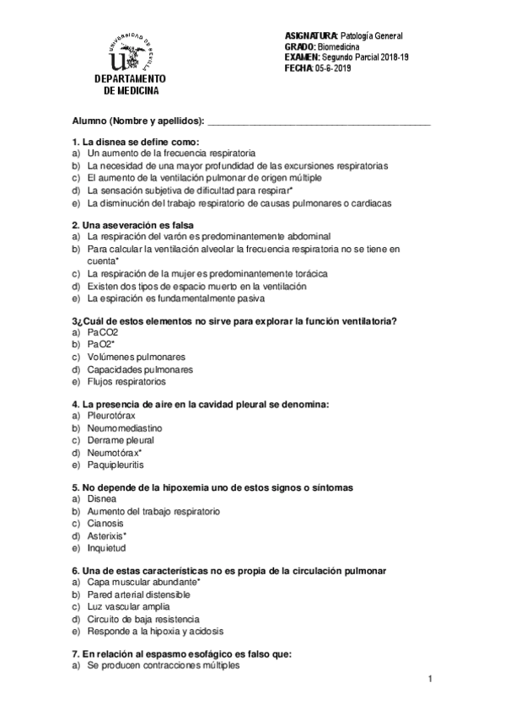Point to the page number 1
(430, 680)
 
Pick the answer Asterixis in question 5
(106, 535)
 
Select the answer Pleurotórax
(110, 417)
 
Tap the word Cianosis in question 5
(105, 523)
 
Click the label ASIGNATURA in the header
(310, 36)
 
